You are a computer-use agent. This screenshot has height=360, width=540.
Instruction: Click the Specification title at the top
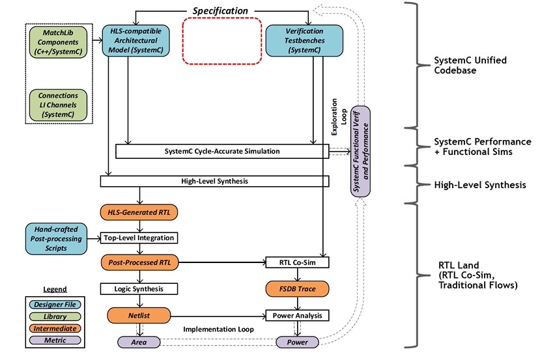point(220,11)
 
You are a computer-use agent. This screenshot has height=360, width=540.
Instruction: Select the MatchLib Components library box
point(58,42)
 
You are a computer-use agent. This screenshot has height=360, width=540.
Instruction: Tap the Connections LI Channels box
point(58,105)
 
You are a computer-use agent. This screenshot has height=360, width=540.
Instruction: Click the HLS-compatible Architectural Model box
point(135,40)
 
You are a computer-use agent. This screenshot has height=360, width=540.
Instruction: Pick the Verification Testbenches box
point(304,40)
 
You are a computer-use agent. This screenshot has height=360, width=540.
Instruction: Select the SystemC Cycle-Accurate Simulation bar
point(222,152)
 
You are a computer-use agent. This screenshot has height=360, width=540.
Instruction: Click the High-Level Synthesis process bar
point(214,182)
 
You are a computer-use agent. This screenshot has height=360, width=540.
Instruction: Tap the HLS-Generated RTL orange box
point(139,212)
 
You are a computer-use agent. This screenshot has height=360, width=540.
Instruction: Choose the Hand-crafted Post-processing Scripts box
point(56,239)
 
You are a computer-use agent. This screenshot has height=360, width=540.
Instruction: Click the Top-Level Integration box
point(139,238)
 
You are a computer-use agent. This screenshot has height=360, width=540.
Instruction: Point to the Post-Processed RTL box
point(140,262)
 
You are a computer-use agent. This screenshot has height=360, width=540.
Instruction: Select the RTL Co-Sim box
point(298,262)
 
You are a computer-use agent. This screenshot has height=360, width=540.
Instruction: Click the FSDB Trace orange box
point(298,289)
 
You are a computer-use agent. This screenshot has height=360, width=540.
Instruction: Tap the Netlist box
point(139,316)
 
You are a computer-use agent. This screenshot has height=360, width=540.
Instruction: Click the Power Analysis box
point(298,316)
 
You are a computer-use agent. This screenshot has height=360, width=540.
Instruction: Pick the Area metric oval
point(139,342)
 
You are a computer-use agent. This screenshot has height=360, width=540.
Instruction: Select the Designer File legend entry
point(55,305)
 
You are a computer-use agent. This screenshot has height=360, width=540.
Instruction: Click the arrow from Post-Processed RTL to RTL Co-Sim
point(223,262)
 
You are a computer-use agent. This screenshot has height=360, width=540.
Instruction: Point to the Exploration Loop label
point(339,117)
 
